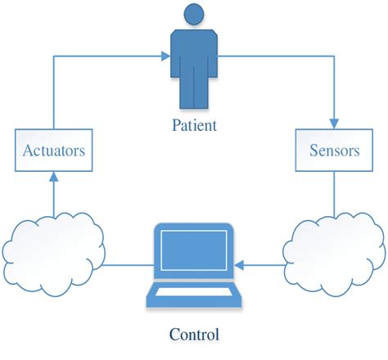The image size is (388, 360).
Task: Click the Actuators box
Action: point(54,151)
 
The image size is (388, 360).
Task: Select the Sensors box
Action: point(333,151)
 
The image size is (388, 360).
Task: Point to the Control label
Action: point(194,334)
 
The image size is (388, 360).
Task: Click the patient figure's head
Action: point(194,14)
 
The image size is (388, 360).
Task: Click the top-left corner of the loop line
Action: point(54,56)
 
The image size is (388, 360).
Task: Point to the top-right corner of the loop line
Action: point(333,56)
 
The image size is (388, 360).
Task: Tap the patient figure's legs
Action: point(194,94)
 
